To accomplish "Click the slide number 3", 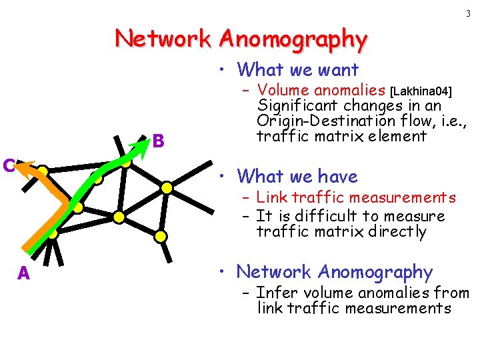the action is pos(469,13).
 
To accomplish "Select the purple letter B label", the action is pos(158,141).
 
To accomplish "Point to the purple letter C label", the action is pos(7,165).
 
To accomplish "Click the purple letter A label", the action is pos(24,273).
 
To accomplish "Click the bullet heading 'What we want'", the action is pos(298,69).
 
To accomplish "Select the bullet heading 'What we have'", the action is pos(297,177).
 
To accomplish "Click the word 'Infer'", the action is pos(275,292).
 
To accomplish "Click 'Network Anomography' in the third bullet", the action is pos(335,272).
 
